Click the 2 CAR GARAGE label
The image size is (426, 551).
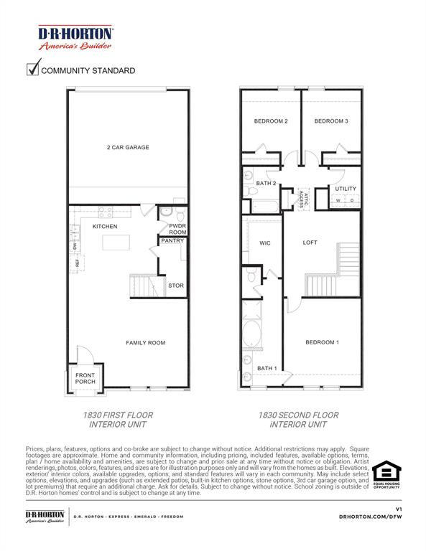128,148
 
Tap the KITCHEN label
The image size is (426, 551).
104,227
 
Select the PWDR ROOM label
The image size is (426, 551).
177,229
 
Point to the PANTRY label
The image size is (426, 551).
172,241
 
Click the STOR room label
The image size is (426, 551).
175,286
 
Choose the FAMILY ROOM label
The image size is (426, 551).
146,343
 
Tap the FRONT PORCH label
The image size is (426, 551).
85,377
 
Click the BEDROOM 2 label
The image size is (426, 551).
270,121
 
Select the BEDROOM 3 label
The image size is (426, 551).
331,121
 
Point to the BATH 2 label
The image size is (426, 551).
267,184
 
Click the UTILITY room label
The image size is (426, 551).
346,189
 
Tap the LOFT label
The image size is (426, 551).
310,242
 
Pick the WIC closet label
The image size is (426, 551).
264,243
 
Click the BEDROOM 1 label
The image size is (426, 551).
321,342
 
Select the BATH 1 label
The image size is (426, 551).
267,369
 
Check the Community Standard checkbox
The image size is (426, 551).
32,70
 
